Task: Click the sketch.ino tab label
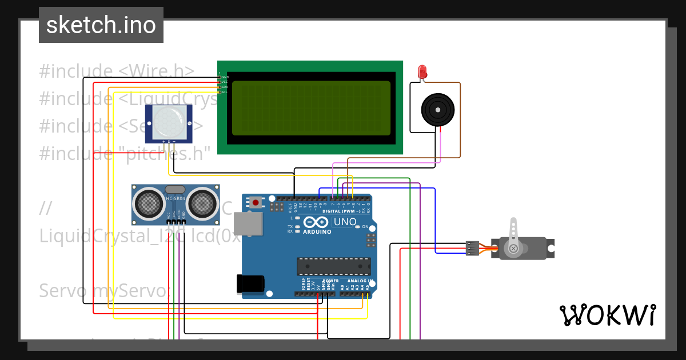[x=101, y=25]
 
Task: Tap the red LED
[x=422, y=72]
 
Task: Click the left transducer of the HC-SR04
[x=149, y=203]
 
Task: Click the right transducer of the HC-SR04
[x=202, y=203]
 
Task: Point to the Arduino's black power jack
[x=250, y=284]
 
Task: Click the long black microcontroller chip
[x=333, y=266]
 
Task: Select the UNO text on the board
[x=345, y=222]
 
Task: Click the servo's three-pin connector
[x=472, y=248]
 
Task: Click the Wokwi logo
[x=607, y=315]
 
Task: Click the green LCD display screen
[x=311, y=108]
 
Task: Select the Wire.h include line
[x=117, y=71]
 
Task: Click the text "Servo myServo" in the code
[x=103, y=291]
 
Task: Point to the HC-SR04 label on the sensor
[x=176, y=198]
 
